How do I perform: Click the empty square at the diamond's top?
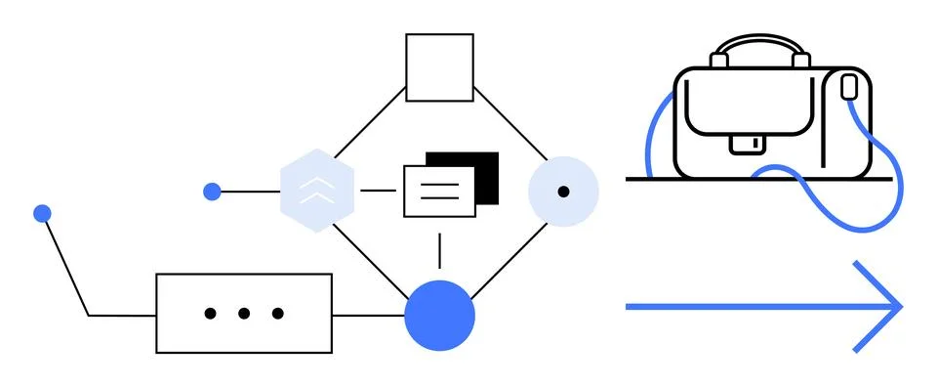coord(439,67)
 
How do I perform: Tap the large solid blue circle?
coord(439,315)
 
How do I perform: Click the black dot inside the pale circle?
coord(563,192)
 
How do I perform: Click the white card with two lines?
coord(439,191)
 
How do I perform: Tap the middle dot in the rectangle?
coord(244,314)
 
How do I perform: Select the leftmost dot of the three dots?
coord(210,314)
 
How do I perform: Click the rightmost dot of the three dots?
coord(278,314)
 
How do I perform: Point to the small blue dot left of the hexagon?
coord(212,192)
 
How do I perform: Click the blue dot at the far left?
coord(42,213)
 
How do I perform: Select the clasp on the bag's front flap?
coord(748,144)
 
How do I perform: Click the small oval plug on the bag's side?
coord(848,89)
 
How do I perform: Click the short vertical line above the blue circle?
coord(439,250)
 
